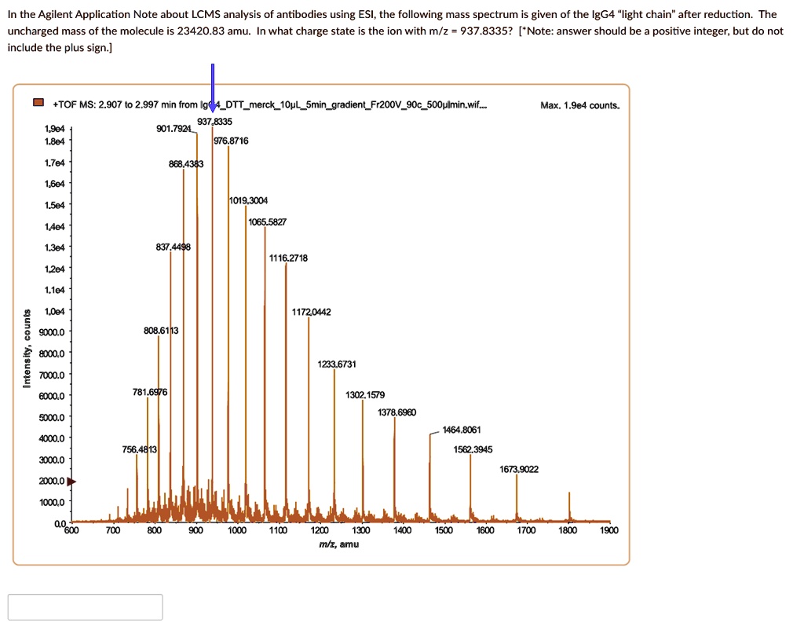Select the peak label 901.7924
[x=174, y=129]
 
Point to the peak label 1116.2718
[x=288, y=258]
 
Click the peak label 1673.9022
[x=519, y=469]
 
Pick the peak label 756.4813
[x=140, y=449]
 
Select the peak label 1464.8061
[x=462, y=430]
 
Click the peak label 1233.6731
[x=337, y=364]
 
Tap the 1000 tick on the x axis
[x=237, y=530]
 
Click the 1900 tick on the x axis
[x=608, y=530]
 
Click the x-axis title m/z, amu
[x=339, y=544]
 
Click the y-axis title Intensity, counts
[x=27, y=349]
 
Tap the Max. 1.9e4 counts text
[x=579, y=104]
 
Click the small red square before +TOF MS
[x=38, y=104]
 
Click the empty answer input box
[x=86, y=607]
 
